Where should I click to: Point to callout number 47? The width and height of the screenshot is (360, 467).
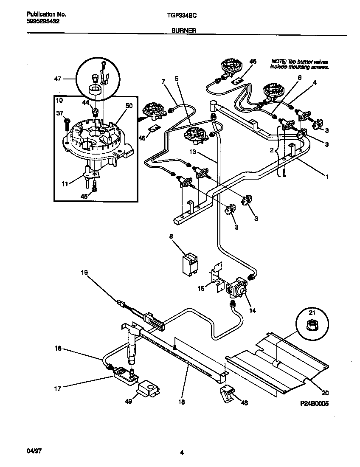[x=58, y=79]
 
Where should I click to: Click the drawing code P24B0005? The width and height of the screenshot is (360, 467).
[x=314, y=404]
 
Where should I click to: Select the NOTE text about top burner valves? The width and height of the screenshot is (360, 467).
[x=300, y=64]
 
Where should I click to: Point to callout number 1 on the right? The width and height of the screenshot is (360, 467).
[x=326, y=175]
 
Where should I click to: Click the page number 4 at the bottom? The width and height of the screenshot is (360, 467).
[x=181, y=453]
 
